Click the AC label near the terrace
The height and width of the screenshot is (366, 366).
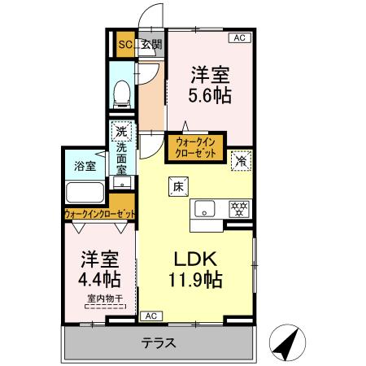[150, 315]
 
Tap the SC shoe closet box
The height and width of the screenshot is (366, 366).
[125, 44]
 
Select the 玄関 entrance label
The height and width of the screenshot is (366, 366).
[151, 44]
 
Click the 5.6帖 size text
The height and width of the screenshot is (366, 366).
[210, 95]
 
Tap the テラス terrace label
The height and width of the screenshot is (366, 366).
[159, 342]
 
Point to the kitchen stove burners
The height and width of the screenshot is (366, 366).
[238, 207]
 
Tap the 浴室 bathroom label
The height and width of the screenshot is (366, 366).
[84, 166]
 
